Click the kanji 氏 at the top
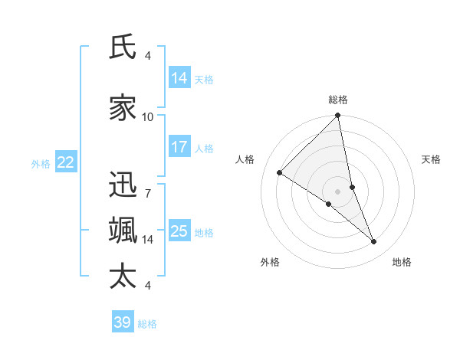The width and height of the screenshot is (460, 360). tap(123, 47)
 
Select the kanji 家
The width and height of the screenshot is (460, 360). tap(123, 109)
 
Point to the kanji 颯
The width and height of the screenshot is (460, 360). tap(123, 231)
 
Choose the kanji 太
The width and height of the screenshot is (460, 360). tap(123, 277)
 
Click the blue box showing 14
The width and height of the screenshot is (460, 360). tap(179, 78)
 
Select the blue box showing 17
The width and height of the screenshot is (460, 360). tap(179, 147)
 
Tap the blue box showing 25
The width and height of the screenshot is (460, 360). tap(179, 231)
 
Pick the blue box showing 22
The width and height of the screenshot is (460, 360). tap(66, 162)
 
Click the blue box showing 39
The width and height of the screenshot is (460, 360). tap(123, 322)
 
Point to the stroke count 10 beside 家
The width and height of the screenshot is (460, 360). tap(148, 117)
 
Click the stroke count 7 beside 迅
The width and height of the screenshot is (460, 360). tap(147, 193)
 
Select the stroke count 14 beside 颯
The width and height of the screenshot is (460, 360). tap(148, 240)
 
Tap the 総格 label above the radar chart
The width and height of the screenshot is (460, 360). tap(338, 100)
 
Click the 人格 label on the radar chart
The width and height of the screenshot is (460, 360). tap(245, 159)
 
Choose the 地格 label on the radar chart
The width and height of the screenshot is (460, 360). tap(402, 262)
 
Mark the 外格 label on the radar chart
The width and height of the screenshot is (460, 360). tap(270, 262)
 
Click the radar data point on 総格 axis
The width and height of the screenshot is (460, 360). tap(338, 116)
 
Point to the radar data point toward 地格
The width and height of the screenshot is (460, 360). tap(374, 241)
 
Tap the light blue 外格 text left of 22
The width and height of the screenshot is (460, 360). tap(41, 163)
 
